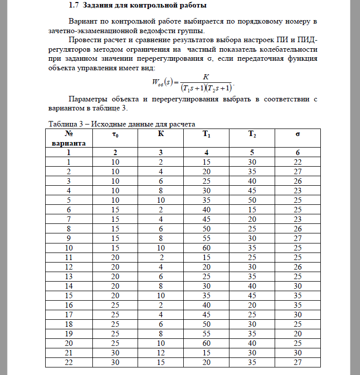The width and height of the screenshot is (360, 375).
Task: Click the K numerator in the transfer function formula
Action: click(x=205, y=77)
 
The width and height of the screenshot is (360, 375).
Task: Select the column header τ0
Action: click(x=115, y=135)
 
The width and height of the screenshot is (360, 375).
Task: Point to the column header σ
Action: click(x=298, y=135)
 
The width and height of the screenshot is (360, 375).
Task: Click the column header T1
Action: click(x=206, y=135)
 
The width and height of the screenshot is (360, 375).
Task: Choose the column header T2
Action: click(x=252, y=135)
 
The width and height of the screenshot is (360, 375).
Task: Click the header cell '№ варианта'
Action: click(x=69, y=139)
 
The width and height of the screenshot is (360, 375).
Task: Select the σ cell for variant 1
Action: click(x=298, y=162)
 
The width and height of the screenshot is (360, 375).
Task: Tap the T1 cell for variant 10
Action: click(x=206, y=247)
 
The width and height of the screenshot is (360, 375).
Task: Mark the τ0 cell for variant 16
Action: click(x=115, y=305)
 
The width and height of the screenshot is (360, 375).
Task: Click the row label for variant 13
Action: click(x=69, y=276)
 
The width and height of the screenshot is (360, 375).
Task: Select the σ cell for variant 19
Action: click(x=298, y=333)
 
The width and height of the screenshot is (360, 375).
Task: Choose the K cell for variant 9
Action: click(x=161, y=238)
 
